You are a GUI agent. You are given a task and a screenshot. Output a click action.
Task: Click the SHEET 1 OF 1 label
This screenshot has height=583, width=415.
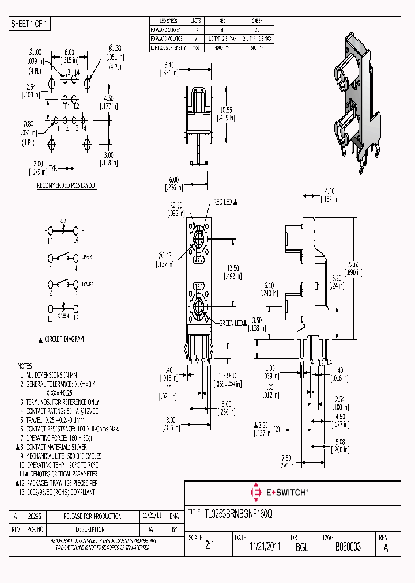(x=31, y=24)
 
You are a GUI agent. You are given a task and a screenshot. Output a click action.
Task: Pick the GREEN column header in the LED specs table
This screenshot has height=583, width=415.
(x=256, y=20)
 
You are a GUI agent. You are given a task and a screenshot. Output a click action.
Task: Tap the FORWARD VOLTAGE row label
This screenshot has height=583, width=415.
(x=167, y=39)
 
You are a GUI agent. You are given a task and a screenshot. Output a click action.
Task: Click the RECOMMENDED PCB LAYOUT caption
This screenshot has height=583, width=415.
(x=67, y=185)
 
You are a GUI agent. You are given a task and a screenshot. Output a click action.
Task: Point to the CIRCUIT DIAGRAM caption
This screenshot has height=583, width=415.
(x=64, y=339)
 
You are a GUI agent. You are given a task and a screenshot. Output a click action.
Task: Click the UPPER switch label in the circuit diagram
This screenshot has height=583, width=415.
(x=87, y=256)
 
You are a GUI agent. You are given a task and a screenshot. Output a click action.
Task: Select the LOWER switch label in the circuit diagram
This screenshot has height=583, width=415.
(x=87, y=285)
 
